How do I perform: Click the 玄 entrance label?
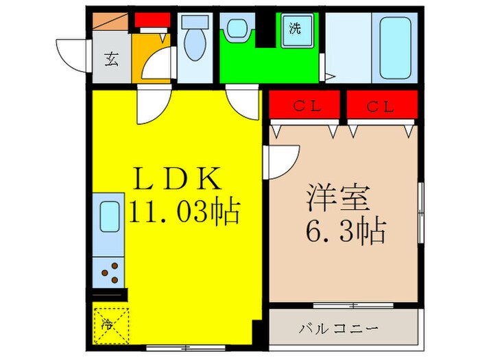[x=111, y=59]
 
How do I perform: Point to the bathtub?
[x=396, y=47]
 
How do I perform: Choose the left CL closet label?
[x=304, y=106]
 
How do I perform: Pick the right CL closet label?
[x=380, y=106]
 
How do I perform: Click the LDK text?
[x=178, y=180]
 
